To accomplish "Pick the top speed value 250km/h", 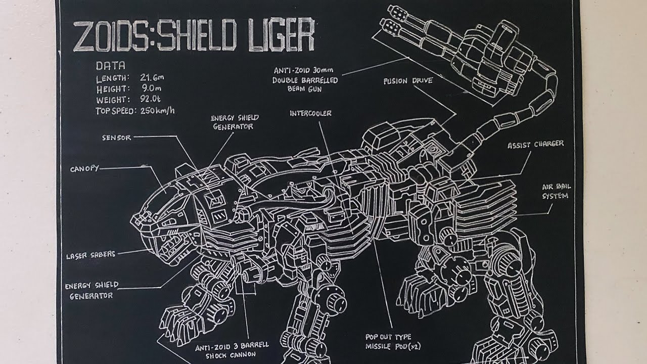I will click(x=157, y=111).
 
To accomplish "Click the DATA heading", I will click(x=110, y=65).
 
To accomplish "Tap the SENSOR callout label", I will click(x=116, y=138).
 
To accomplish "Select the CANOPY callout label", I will click(x=84, y=168).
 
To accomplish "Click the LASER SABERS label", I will click(x=90, y=255).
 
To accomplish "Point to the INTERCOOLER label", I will click(x=310, y=113).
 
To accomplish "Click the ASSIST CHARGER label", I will click(x=535, y=145).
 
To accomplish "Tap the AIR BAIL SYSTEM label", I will click(x=556, y=191).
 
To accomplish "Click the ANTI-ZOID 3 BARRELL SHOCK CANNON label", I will click(x=232, y=350).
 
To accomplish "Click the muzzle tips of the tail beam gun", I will click(x=393, y=16).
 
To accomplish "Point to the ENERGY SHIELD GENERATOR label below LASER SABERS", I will click(x=91, y=290).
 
